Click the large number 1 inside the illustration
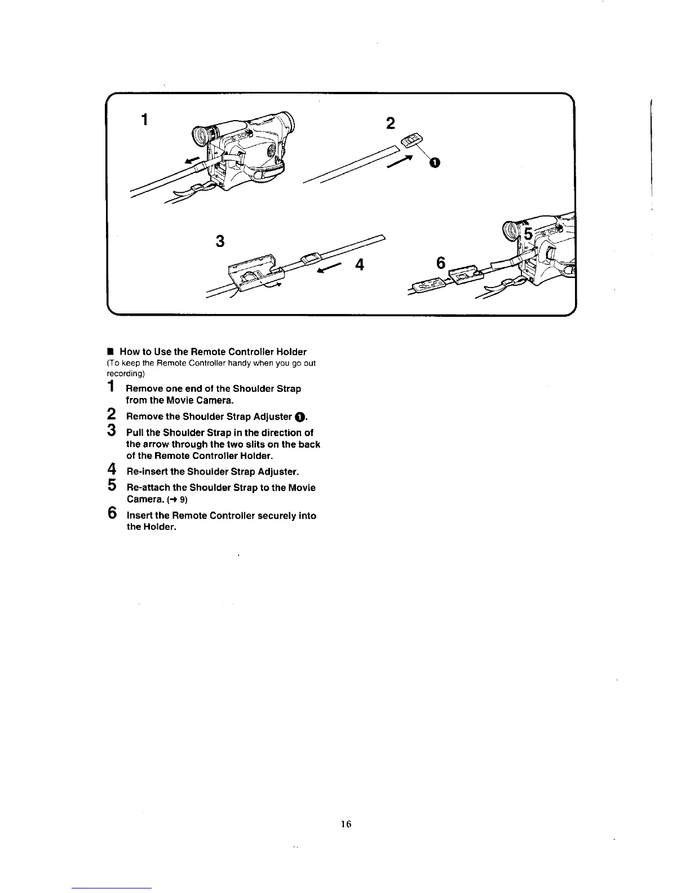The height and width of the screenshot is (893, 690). click(145, 120)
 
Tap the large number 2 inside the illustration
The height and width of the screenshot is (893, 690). click(391, 123)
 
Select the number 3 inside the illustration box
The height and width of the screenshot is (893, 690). click(220, 241)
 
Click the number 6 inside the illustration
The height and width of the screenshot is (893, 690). click(441, 263)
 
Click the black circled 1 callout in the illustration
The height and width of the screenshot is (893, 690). click(434, 163)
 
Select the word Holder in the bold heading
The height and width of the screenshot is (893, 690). click(291, 352)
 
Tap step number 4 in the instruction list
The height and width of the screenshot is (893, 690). click(112, 469)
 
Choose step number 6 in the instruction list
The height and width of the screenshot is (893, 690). click(112, 514)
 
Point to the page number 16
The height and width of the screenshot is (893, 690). click(346, 824)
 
